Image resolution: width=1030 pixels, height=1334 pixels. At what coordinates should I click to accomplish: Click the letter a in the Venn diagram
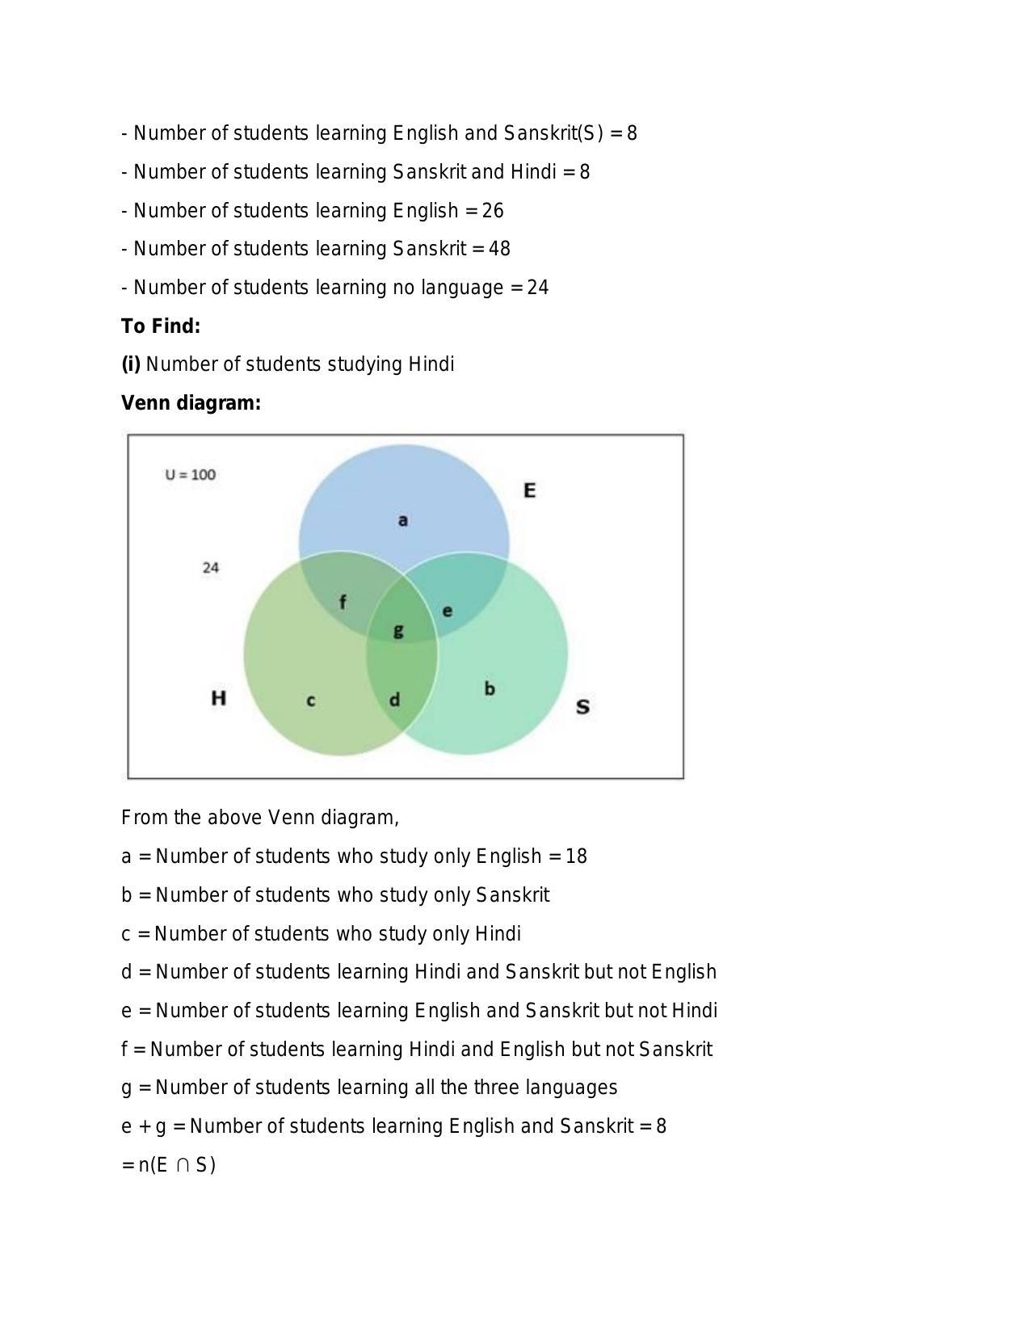tap(402, 520)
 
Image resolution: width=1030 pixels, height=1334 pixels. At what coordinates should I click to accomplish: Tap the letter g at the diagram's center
tap(397, 631)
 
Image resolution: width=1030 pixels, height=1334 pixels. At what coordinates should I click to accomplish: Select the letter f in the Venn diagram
tap(343, 602)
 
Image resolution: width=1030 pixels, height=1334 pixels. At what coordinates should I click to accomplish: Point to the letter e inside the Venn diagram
tap(447, 611)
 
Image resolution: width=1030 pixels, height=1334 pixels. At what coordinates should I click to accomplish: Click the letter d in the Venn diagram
tap(394, 700)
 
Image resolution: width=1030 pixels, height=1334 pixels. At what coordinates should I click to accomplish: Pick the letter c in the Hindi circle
tap(311, 701)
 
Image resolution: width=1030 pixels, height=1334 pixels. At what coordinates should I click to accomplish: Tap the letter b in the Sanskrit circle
tap(489, 688)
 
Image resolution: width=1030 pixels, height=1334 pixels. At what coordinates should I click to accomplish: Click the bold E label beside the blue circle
tap(529, 490)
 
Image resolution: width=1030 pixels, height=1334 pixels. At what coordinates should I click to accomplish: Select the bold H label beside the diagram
tap(218, 698)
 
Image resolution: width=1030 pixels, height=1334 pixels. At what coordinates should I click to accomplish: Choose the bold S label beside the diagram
tap(582, 707)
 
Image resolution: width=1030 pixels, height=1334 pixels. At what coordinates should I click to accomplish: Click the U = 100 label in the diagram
tap(191, 475)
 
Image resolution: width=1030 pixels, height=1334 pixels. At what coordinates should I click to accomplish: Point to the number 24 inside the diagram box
tap(211, 568)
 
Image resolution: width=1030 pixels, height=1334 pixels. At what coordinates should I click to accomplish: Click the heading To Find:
tap(161, 326)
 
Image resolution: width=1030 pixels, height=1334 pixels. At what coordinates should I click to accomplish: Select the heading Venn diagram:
tap(191, 403)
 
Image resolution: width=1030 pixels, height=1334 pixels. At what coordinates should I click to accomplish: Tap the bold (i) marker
tap(131, 364)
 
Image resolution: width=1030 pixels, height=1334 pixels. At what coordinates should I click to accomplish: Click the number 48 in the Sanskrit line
tap(499, 249)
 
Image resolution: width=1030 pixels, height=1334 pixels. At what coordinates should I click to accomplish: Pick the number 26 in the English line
tap(493, 211)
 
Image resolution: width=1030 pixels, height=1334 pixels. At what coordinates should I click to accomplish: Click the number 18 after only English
tap(576, 856)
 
